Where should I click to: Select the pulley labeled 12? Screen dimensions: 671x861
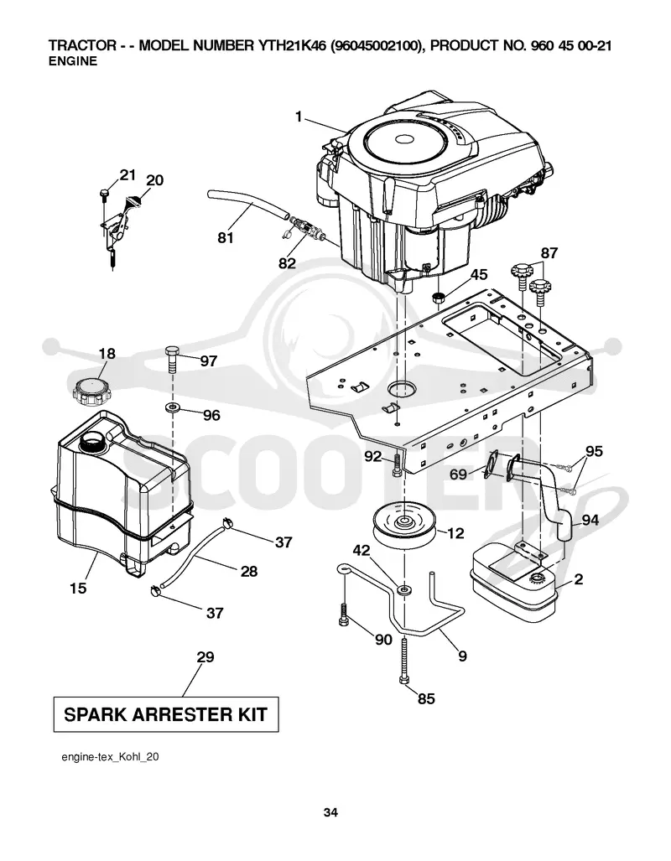click(404, 525)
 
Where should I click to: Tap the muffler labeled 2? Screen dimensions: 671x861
click(514, 582)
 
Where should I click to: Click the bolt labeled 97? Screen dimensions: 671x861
click(172, 359)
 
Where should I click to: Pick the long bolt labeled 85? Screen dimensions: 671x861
click(404, 661)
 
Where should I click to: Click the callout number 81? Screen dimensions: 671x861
click(226, 237)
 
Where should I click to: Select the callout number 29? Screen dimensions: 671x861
click(205, 656)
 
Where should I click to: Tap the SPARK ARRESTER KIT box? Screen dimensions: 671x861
click(166, 714)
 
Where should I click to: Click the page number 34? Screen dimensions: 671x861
click(330, 812)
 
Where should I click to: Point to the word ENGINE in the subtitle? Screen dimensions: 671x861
click(72, 61)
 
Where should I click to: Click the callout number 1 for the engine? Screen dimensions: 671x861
click(299, 117)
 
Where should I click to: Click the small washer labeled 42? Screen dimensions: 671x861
click(404, 589)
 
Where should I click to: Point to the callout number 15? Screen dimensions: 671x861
click(78, 588)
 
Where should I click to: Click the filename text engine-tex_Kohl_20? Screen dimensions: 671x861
click(110, 757)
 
